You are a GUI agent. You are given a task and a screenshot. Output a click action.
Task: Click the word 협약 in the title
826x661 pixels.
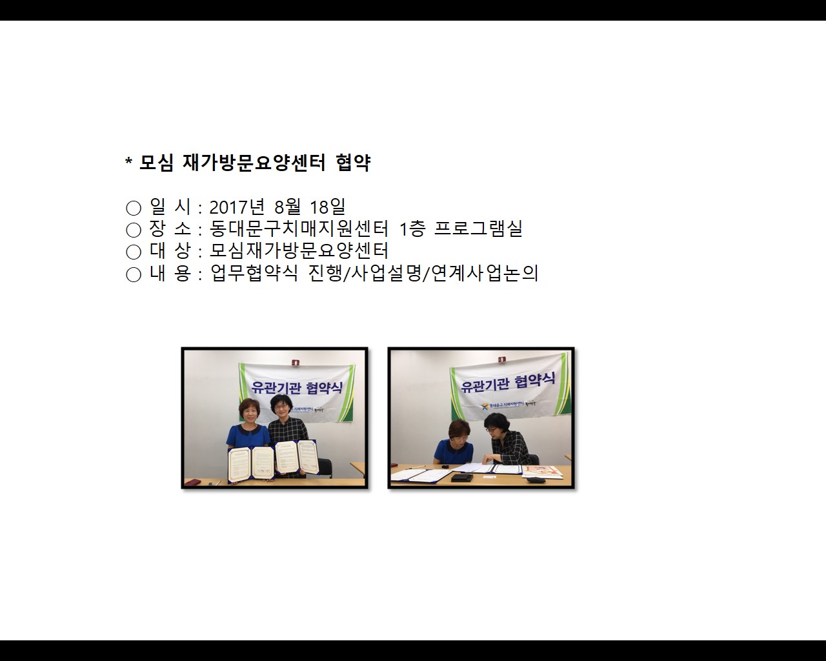point(353,163)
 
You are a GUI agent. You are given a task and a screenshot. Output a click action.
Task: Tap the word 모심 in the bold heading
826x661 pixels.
point(156,163)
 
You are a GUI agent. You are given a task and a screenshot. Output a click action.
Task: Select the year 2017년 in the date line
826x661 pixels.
point(237,207)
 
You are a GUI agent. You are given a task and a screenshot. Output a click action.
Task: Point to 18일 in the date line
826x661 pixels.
point(328,207)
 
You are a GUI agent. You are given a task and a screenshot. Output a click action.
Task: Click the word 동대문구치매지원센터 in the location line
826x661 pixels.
point(299,229)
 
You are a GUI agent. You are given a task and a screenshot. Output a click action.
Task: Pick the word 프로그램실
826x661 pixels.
point(478,229)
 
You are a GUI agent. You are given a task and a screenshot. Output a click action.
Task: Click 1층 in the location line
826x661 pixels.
point(411,229)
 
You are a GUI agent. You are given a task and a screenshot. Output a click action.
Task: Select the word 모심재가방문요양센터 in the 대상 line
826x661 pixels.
point(299,250)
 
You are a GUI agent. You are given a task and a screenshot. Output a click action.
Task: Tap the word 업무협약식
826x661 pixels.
point(254,273)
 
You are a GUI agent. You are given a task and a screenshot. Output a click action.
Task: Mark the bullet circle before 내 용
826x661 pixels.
point(134,274)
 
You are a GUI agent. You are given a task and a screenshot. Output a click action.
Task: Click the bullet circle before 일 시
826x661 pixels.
point(134,208)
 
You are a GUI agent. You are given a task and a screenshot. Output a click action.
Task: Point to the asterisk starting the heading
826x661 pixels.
point(128,161)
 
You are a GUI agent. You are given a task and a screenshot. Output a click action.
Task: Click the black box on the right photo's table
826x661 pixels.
point(460,478)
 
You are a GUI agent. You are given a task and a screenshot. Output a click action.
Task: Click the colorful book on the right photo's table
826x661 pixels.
point(542,472)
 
